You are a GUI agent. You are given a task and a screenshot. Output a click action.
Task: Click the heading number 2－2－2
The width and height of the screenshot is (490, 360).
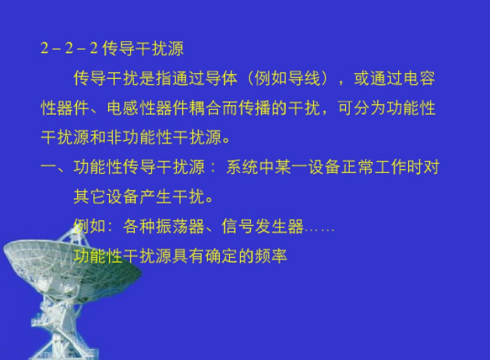[69, 48]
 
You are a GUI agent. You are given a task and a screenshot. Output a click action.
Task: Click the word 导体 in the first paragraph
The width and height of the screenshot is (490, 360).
[221, 78]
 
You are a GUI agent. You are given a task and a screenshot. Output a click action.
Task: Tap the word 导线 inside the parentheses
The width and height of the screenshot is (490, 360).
[304, 78]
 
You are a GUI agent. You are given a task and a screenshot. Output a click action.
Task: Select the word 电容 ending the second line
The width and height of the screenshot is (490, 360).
[419, 78]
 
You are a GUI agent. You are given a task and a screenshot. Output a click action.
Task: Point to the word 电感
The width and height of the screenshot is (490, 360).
[123, 108]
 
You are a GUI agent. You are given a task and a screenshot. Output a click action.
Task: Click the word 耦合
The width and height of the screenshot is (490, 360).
[206, 108]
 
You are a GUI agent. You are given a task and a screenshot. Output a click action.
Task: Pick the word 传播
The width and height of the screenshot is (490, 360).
[255, 108]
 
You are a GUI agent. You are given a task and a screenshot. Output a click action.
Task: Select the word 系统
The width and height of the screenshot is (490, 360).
[242, 167]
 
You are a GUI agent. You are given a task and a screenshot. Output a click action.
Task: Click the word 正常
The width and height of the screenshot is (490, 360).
[358, 167]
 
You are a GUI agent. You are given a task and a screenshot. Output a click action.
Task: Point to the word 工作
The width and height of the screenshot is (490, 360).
[390, 167]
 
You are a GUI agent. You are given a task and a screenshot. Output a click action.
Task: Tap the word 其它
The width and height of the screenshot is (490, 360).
[90, 196]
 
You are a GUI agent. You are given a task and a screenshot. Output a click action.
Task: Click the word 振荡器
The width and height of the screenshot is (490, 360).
[164, 226]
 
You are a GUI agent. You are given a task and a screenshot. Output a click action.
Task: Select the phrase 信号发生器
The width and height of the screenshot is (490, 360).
[263, 226]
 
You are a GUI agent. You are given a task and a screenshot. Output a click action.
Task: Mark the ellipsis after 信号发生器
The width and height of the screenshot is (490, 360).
[319, 231]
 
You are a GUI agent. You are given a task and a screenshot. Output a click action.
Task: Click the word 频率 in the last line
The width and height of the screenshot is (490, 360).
[271, 256]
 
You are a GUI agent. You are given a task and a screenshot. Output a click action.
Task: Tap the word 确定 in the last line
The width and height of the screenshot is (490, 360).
[221, 256]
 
